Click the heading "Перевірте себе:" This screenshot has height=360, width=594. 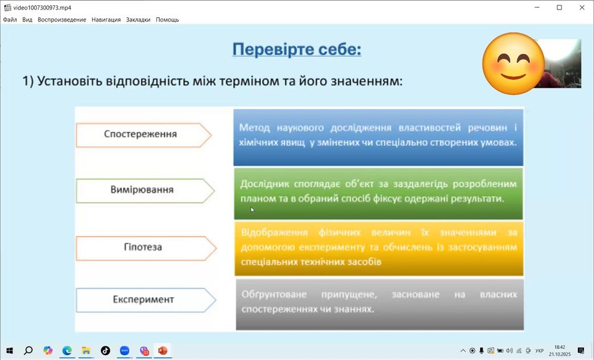pyautogui.click(x=296, y=49)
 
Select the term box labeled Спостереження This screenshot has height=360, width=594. pyautogui.click(x=140, y=134)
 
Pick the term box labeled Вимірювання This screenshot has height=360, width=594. pyautogui.click(x=142, y=190)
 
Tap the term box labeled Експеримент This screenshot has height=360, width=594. pyautogui.click(x=143, y=299)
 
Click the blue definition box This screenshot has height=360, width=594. pyautogui.click(x=378, y=137)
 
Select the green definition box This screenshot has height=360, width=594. pyautogui.click(x=378, y=193)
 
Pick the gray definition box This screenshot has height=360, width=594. pyautogui.click(x=379, y=304)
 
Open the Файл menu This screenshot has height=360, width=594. pyautogui.click(x=10, y=20)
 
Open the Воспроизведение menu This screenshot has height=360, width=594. pyautogui.click(x=62, y=20)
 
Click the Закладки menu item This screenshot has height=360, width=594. pyautogui.click(x=138, y=20)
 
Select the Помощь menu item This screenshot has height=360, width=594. pyautogui.click(x=167, y=20)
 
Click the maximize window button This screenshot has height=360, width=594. pyautogui.click(x=559, y=7)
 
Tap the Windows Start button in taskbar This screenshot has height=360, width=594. pyautogui.click(x=9, y=350)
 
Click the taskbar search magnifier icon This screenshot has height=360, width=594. pyautogui.click(x=28, y=350)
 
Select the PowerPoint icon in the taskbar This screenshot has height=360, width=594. pyautogui.click(x=163, y=350)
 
